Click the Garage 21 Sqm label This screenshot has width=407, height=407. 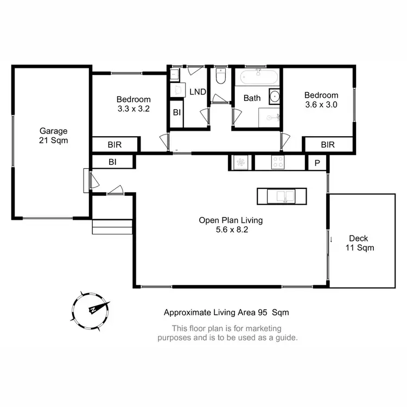tap(53, 135)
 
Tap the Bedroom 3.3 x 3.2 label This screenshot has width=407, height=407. tap(133, 104)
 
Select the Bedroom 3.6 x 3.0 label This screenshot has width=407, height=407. tap(322, 100)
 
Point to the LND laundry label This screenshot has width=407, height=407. tap(198, 92)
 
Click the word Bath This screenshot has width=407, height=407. tap(252, 98)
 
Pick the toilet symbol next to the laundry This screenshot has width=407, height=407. tap(220, 77)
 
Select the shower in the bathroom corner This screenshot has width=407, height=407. tap(269, 117)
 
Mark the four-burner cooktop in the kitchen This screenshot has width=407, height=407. tap(277, 162)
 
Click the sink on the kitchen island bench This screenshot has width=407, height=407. tap(282, 196)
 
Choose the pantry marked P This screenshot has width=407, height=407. tap(316, 162)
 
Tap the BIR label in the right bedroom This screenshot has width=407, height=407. tap(328, 145)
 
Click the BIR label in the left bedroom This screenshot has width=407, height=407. tap(115, 145)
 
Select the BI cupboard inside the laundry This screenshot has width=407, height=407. tap(177, 113)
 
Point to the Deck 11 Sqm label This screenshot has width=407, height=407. tap(360, 243)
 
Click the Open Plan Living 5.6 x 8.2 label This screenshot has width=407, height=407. tap(231, 225)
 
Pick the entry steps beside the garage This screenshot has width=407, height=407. tap(112, 226)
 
